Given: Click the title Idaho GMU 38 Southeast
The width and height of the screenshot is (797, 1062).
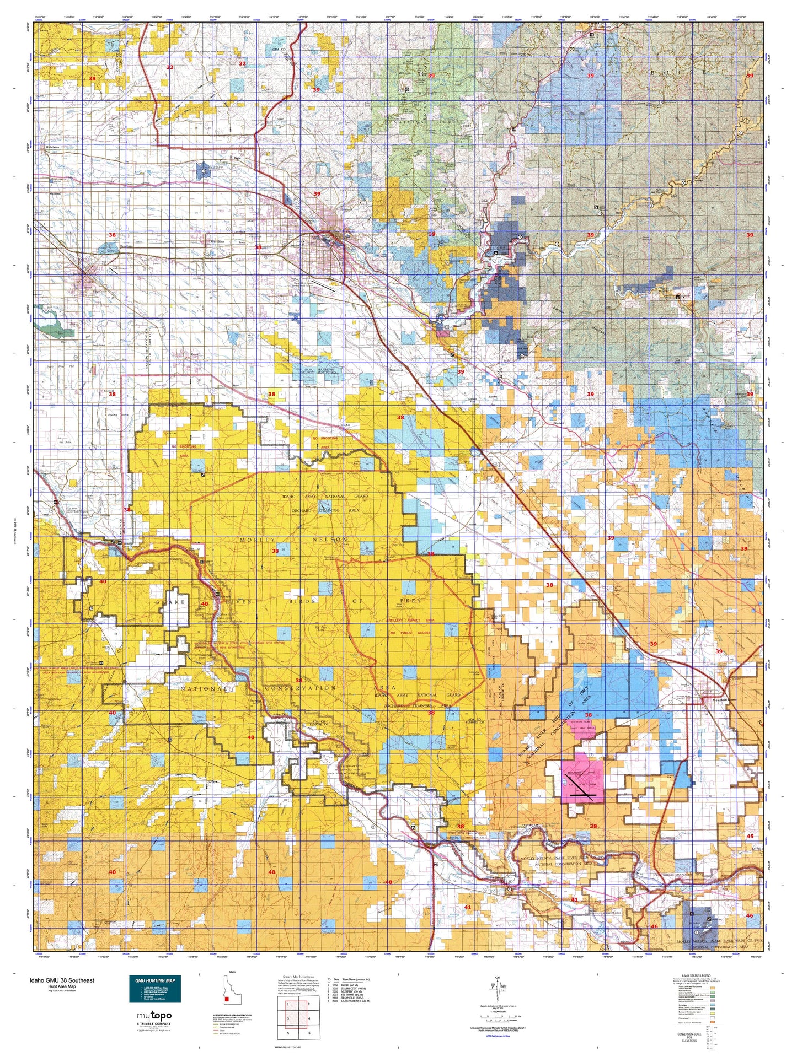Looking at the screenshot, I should (x=62, y=980).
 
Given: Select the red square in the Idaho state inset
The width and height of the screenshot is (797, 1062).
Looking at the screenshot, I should (x=227, y=998).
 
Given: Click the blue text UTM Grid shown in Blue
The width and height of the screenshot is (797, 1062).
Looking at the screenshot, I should (x=502, y=1036).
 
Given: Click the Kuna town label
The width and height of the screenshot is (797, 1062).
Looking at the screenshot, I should (x=194, y=354).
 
